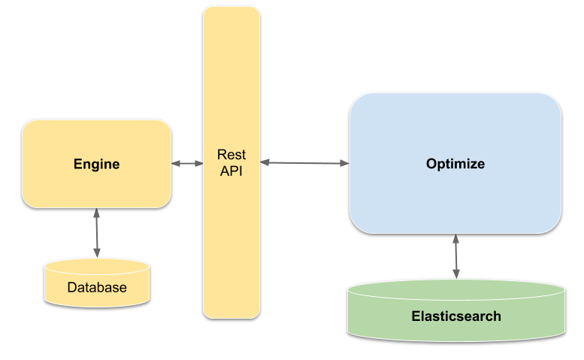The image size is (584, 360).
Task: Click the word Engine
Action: click(96, 164)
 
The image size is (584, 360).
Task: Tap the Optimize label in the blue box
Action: click(455, 164)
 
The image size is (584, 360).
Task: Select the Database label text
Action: click(97, 287)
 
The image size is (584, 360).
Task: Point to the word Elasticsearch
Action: click(455, 316)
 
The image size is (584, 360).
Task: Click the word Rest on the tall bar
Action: click(231, 156)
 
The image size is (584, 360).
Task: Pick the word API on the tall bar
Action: click(231, 171)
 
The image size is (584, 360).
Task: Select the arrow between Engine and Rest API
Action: click(187, 163)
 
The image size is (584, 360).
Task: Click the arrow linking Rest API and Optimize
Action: click(304, 162)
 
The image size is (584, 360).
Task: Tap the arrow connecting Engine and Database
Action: click(96, 234)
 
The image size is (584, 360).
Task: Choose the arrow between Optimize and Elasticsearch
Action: click(455, 257)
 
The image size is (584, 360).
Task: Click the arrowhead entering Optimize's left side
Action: click(345, 163)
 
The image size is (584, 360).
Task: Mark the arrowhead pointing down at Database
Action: click(96, 255)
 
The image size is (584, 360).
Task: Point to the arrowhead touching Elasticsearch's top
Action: click(455, 277)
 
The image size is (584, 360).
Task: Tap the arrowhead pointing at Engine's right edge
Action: click(176, 163)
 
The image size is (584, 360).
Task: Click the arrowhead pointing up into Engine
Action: click(96, 213)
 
